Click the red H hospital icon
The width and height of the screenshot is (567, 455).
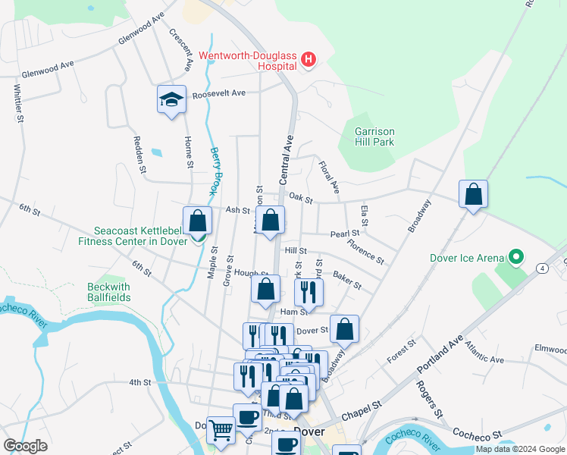pos(308,58)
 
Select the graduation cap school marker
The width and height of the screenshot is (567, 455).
pos(172,99)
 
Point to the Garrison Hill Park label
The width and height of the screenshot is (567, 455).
pos(374,136)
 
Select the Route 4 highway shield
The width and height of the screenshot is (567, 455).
pos(543,268)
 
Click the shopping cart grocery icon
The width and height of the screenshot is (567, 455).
pos(221,430)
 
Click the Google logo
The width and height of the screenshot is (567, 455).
pos(27,445)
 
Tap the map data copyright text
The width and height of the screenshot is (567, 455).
pos(520,449)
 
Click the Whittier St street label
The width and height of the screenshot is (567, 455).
pos(16,103)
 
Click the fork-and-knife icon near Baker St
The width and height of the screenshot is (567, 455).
pos(309,291)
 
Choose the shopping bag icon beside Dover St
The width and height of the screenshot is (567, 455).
pos(344,328)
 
